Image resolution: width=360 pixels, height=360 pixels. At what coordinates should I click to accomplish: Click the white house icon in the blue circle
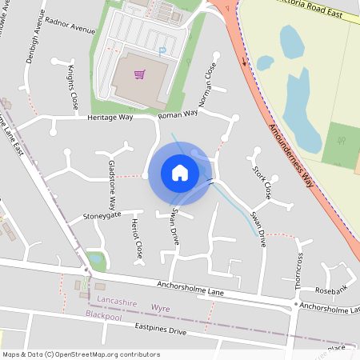click(179, 172)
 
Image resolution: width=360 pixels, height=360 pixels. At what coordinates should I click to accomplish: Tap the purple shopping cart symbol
click(140, 74)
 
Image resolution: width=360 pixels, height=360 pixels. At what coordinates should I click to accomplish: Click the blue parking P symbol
click(162, 51)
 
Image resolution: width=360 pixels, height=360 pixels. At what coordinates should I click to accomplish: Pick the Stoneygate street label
click(102, 215)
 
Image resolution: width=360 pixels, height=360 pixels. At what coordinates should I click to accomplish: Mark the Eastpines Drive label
click(160, 330)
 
